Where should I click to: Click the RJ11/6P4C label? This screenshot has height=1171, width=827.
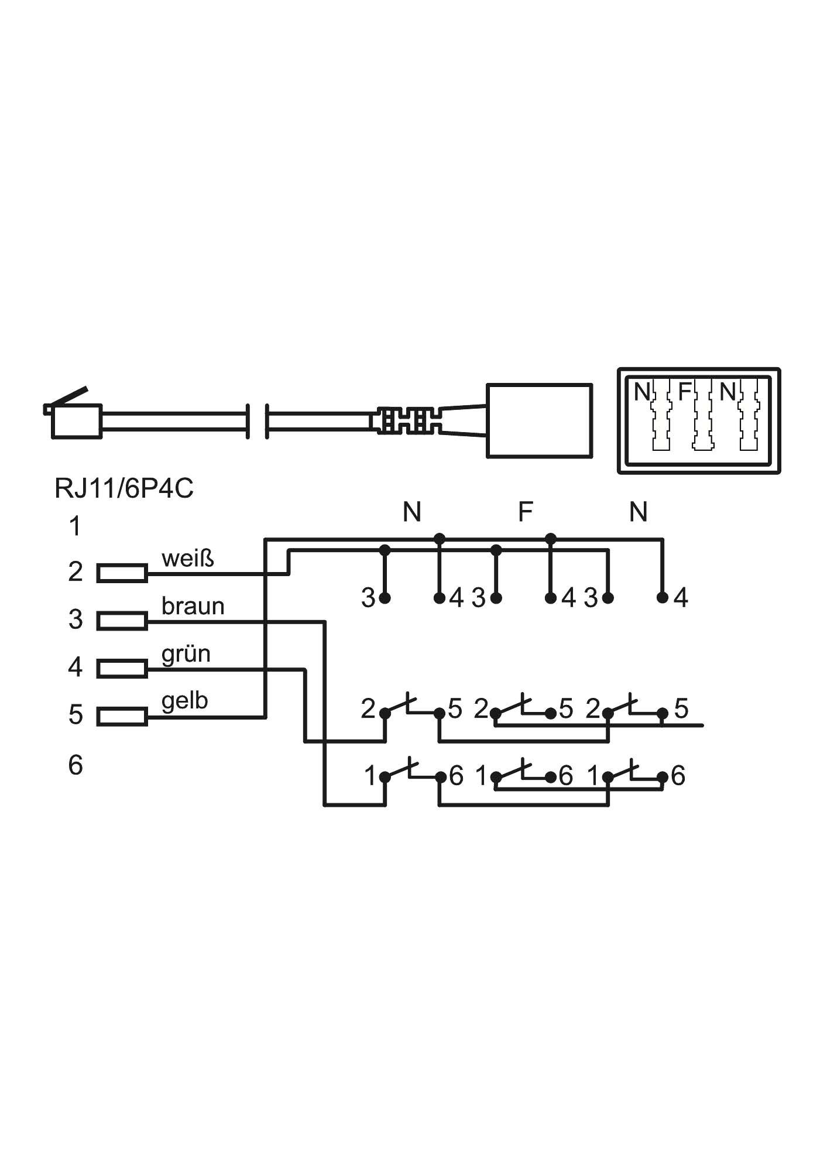coord(123,488)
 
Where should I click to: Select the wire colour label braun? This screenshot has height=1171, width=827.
coord(193,606)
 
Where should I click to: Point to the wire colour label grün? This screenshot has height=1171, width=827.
coord(186,653)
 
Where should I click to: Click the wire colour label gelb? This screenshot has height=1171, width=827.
coord(184,700)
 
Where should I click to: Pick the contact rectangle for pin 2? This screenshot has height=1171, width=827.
coord(122,573)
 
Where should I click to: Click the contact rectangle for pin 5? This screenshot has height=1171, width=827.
coord(122,716)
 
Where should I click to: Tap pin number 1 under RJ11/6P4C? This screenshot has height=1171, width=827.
coord(75,526)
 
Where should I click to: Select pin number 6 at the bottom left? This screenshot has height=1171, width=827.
coord(76,765)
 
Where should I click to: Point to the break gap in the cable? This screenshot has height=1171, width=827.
coord(257,420)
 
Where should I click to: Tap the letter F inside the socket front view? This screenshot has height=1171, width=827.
coord(685,391)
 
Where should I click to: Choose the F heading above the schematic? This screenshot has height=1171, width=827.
coord(526,512)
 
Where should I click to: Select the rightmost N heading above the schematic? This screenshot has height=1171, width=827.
coord(638,512)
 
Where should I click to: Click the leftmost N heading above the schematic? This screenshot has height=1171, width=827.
coord(411,512)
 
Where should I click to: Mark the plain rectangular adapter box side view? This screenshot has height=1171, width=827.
coord(539,420)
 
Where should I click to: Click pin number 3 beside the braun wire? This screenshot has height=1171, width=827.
coord(76,619)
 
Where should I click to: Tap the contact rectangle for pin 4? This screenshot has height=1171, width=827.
coord(122,669)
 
